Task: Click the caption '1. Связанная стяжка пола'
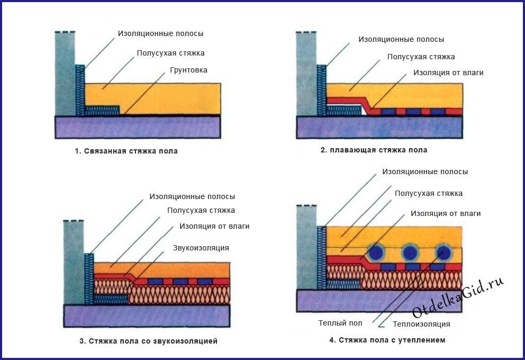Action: click(126, 151)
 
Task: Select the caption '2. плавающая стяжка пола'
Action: click(374, 150)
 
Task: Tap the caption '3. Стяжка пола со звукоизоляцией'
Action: click(148, 341)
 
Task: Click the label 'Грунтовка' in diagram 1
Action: click(189, 70)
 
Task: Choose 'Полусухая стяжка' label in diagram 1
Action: click(170, 53)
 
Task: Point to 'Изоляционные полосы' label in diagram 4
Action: click(425, 172)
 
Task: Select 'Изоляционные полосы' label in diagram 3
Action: click(192, 196)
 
